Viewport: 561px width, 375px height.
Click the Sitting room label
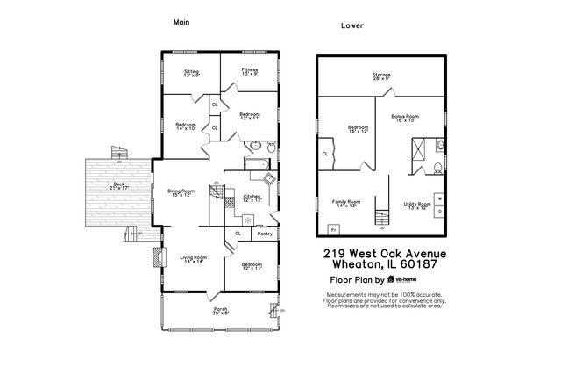coord(191,73)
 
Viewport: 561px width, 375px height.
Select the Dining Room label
coord(181,192)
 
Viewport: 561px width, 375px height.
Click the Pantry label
coord(264,234)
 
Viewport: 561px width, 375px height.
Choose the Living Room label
coord(193,259)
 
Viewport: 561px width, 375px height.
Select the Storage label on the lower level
coord(381,76)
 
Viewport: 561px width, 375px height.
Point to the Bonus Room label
coord(406,118)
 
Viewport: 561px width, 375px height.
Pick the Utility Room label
coord(417,206)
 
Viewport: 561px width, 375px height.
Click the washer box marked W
coord(438,199)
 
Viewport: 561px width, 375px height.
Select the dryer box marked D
coord(438,212)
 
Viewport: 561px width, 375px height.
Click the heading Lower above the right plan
coord(352,25)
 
